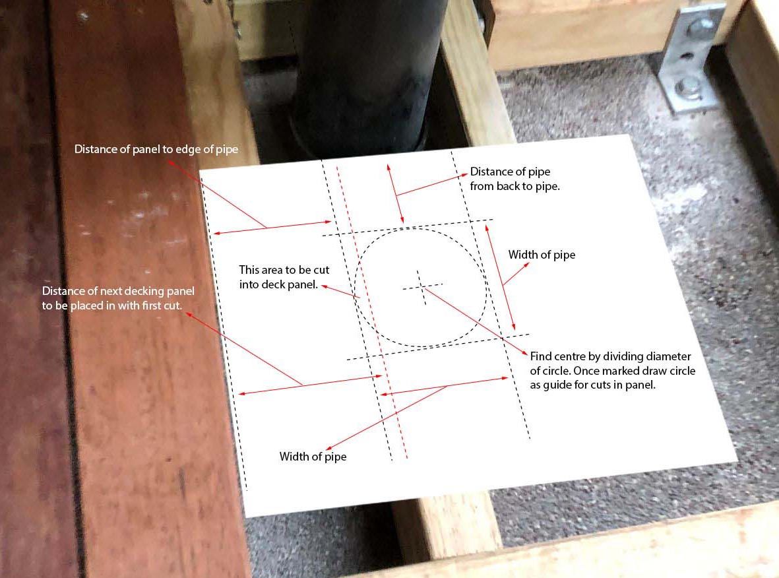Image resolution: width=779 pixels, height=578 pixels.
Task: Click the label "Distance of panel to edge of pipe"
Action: pyautogui.click(x=156, y=149)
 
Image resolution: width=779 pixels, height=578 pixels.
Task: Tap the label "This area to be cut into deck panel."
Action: pyautogui.click(x=284, y=277)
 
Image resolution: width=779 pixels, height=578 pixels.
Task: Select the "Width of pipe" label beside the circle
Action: pyautogui.click(x=542, y=255)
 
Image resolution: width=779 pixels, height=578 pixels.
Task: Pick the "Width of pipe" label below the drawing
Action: pyautogui.click(x=313, y=457)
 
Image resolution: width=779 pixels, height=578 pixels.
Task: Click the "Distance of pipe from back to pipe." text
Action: pyautogui.click(x=514, y=179)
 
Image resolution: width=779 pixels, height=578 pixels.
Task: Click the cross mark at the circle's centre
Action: pyautogui.click(x=422, y=286)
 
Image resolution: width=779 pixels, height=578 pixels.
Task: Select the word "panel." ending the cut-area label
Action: pyautogui.click(x=305, y=285)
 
